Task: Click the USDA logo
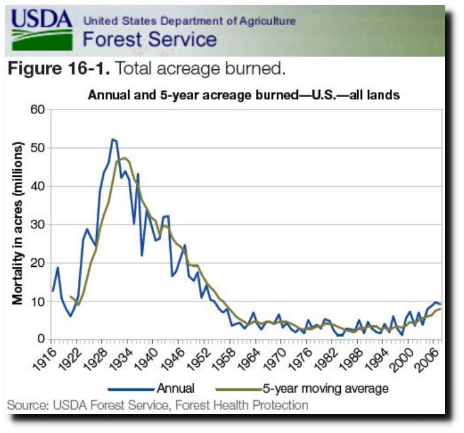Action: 41,30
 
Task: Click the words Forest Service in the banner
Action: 150,39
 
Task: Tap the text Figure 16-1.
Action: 59,68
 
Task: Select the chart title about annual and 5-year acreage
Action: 244,95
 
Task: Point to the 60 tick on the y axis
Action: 37,110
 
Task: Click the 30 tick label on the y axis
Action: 37,225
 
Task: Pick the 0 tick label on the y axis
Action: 41,339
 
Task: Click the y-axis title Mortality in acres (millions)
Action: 18,223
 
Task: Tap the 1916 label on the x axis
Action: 44,359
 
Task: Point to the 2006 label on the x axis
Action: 426,359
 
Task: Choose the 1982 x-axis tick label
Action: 324,359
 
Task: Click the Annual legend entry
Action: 152,388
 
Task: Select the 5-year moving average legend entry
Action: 302,388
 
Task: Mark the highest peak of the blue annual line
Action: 113,139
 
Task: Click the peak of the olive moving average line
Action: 124,158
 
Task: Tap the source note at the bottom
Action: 158,405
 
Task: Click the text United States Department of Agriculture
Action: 189,21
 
